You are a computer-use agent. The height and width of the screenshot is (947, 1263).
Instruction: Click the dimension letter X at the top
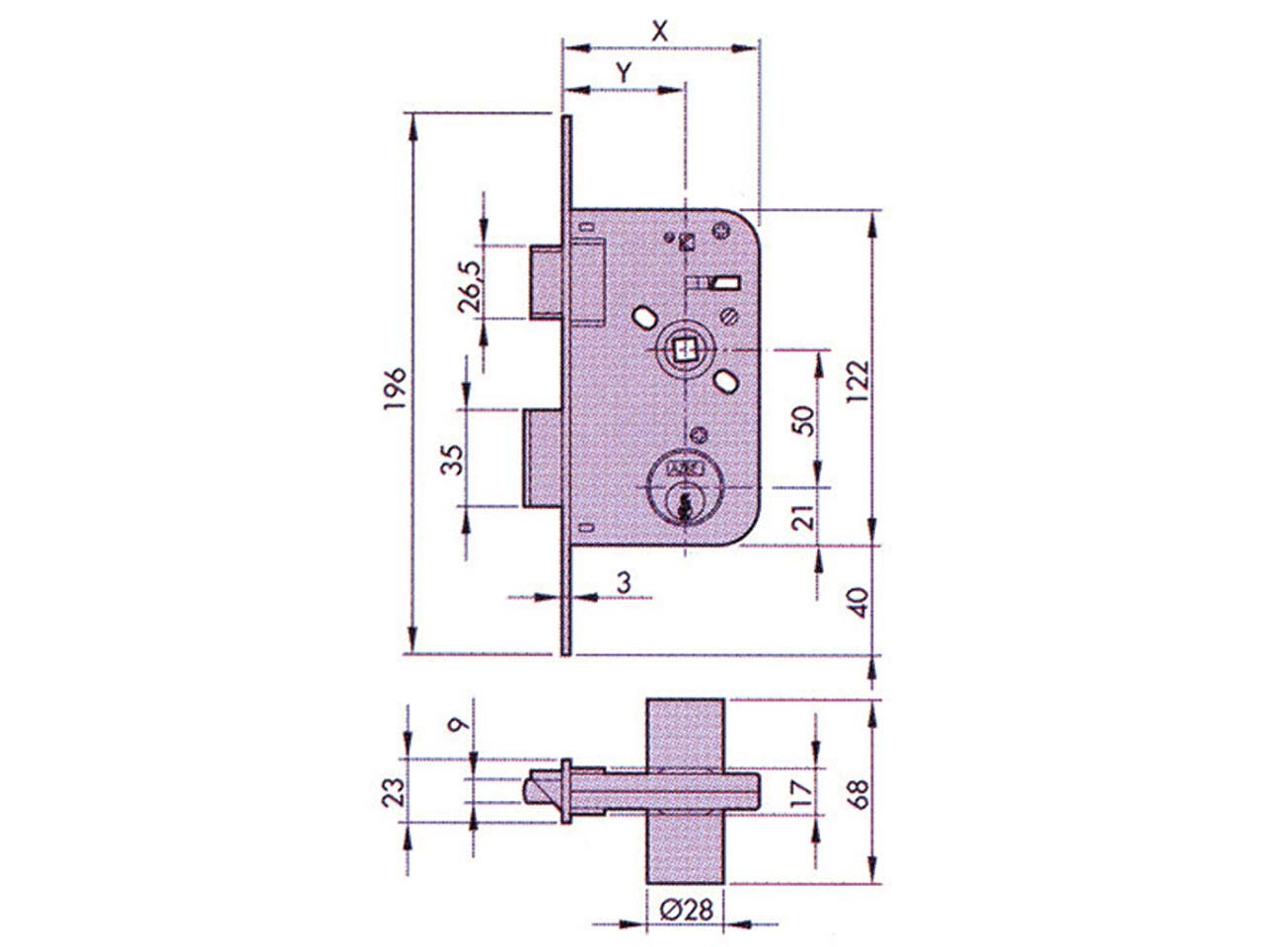point(659,32)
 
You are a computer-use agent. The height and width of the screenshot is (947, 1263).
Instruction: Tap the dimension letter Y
point(624,73)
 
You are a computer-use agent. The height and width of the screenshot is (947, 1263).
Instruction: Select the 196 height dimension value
point(397,388)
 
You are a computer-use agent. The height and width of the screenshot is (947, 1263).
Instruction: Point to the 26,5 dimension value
point(470,286)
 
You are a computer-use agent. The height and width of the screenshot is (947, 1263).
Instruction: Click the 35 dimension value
point(452,459)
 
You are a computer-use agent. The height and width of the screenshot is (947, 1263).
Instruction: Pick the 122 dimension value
point(858,383)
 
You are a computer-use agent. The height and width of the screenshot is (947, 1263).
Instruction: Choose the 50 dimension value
point(805,421)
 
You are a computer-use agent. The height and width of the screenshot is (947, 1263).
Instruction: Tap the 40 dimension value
point(858,602)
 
